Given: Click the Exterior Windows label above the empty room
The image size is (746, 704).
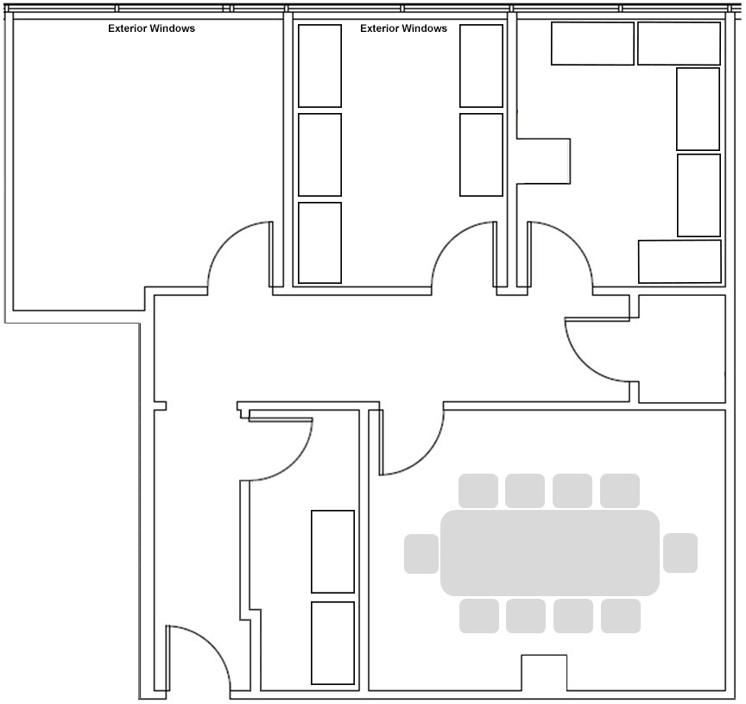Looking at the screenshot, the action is pos(151,28).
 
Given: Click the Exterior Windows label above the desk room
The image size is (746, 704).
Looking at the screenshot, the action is pos(403,28).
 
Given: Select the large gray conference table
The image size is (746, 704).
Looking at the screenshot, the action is pos(549,553).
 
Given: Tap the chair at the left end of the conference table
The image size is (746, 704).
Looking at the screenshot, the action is pos(421,553).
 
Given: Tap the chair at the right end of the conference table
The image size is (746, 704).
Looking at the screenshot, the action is pos(680,553).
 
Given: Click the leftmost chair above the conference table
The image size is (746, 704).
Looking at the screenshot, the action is pos(478,491).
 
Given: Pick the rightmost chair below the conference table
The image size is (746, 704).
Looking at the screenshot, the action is pos(621,616).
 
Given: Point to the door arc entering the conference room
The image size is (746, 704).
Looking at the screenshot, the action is pos(425,457).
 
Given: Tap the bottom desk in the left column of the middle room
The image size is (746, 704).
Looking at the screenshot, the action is pos(319,243).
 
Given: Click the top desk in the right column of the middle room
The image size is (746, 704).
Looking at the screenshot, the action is pos(481,66).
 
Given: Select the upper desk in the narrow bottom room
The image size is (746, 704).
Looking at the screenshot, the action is pos(332,551).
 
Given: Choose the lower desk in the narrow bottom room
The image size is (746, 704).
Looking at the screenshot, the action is pos(332,643).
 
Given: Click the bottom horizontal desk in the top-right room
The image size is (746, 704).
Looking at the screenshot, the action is pos(680,261).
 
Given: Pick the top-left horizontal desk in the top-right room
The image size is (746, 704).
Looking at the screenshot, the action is pos(593,43).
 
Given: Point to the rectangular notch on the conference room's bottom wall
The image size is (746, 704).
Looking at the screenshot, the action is pos(544,673).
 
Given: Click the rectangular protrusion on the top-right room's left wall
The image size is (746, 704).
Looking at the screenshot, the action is pos(543,161).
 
